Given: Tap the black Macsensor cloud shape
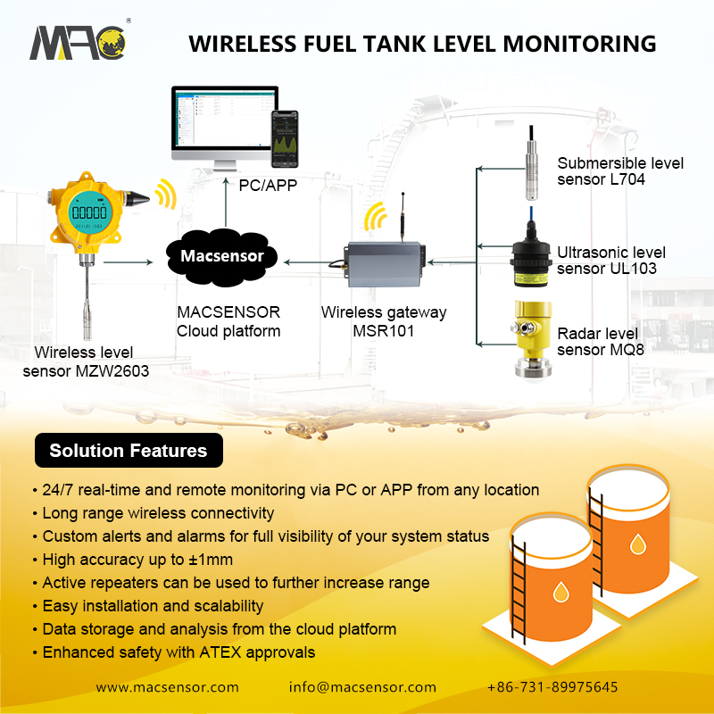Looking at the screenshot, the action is pyautogui.click(x=222, y=256).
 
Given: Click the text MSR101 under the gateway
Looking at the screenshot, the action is pyautogui.click(x=385, y=331).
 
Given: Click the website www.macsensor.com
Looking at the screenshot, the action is pyautogui.click(x=168, y=687).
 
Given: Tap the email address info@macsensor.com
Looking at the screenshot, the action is pyautogui.click(x=362, y=687).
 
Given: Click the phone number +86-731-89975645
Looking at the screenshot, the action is pyautogui.click(x=552, y=687).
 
